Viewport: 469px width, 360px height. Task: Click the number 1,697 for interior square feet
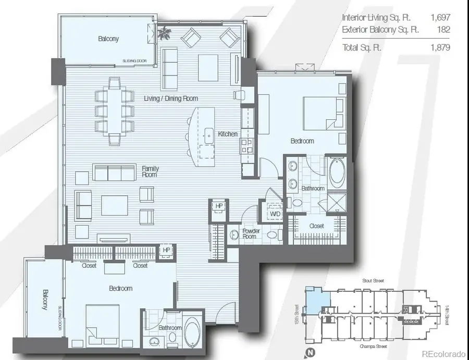440,17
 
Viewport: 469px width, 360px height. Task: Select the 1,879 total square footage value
440,47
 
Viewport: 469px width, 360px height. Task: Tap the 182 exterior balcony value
443,29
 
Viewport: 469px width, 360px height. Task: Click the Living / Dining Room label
171,98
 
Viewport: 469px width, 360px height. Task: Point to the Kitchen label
228,134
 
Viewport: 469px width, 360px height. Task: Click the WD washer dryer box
275,214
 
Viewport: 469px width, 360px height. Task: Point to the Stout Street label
374,281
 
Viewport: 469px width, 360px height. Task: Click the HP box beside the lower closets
166,251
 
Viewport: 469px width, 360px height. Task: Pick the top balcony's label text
108,39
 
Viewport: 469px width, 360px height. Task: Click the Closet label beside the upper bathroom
316,226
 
